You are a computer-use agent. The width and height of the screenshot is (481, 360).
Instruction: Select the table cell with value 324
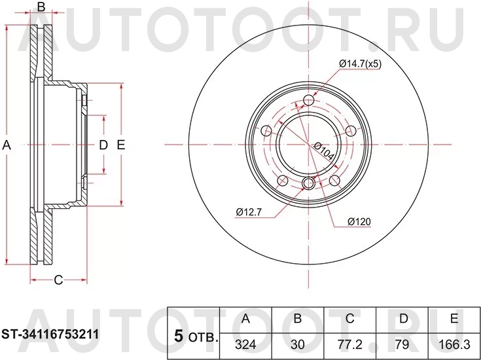coord(246,344)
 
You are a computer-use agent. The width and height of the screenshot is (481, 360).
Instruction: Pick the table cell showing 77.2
coord(350,344)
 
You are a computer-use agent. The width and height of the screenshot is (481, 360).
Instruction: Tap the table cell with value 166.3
coord(454,344)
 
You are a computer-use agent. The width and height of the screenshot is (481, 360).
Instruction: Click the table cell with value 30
coord(298,344)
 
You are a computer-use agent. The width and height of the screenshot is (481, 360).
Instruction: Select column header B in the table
coord(298,319)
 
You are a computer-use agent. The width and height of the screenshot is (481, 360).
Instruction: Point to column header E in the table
coord(454,319)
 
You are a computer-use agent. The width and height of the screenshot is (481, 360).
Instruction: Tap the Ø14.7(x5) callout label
coord(359,63)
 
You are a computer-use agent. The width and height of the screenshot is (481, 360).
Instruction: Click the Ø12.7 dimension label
coord(249,211)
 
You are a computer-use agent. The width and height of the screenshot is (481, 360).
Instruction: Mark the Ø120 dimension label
coord(359,221)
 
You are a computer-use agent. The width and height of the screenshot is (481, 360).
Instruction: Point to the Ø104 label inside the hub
coord(324,154)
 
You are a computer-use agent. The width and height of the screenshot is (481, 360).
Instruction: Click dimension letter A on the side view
coord(7,145)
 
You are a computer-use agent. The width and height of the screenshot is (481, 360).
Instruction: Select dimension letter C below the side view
coord(58,281)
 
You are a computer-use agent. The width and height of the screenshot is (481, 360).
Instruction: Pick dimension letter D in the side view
coord(103,145)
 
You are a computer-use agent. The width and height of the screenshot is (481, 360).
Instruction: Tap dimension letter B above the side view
coord(41,7)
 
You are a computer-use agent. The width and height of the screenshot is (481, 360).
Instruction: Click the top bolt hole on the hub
coord(309,101)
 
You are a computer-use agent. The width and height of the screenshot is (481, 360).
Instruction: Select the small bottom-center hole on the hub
coord(309,183)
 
